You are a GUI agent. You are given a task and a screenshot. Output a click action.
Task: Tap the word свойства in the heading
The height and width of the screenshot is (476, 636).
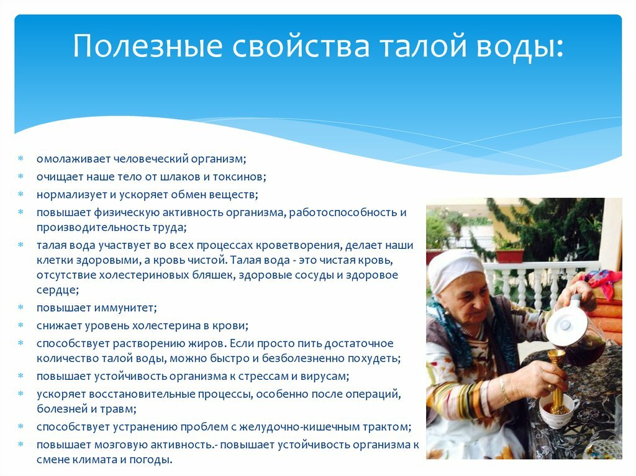301,45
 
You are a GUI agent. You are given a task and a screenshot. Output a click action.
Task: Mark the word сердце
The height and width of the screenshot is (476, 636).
57,290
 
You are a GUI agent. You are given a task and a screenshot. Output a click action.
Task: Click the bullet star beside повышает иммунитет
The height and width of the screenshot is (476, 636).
20,307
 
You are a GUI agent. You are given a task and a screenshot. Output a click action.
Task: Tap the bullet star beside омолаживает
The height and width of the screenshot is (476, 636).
20,158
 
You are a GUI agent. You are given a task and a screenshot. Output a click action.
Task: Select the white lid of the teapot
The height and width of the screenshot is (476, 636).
565,325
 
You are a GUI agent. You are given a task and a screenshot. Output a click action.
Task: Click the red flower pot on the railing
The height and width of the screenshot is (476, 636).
509,256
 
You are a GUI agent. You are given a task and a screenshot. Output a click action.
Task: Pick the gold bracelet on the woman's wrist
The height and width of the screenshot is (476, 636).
504,389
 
